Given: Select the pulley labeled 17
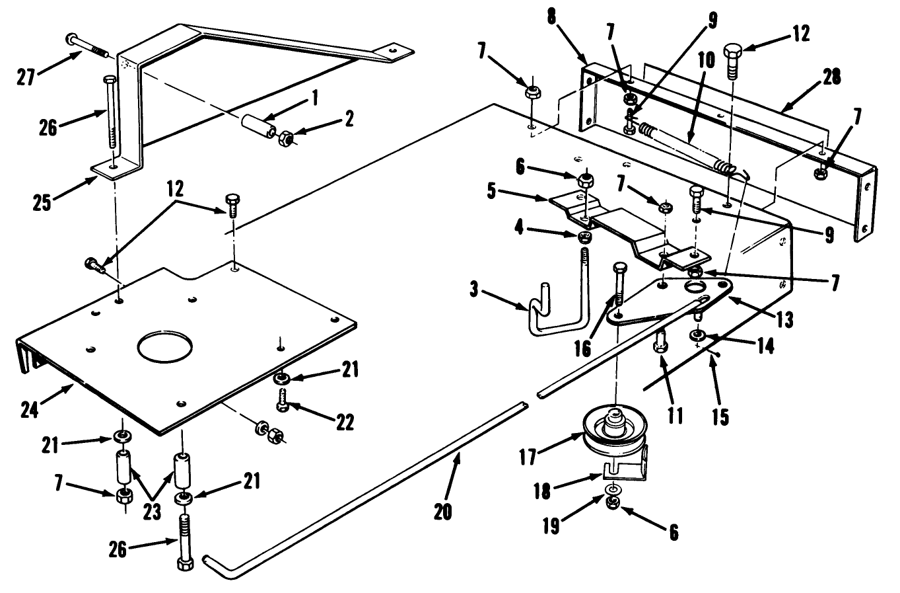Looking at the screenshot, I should (x=615, y=432).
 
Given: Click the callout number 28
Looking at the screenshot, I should (x=831, y=77).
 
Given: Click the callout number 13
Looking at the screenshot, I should (x=784, y=320).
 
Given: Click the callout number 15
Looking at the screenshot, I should (x=720, y=416).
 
